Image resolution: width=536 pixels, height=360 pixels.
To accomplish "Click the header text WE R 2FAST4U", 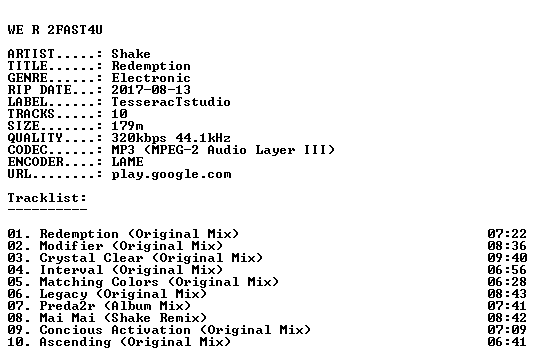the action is [55, 30].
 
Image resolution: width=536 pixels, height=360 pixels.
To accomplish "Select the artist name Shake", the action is [131, 54].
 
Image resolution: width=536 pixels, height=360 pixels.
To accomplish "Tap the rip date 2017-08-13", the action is [151, 90].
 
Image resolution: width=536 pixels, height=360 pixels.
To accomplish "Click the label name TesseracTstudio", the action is [171, 102].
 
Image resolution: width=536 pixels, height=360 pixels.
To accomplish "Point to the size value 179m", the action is [127, 126].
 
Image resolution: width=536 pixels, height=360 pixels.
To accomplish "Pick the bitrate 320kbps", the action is [139, 138].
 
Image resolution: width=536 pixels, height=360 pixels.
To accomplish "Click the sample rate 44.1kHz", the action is [203, 138].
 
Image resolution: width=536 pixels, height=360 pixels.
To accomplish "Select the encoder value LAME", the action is [127, 162].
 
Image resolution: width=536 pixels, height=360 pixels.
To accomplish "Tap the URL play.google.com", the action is [171, 174].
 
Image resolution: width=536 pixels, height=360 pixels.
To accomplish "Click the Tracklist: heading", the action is [47, 198].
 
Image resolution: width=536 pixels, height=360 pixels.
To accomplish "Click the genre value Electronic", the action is [151, 78].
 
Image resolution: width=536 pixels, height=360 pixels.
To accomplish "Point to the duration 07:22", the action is [507, 234].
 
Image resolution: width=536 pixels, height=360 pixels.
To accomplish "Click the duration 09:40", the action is [507, 258].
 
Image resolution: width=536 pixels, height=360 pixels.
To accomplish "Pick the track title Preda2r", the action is [67, 306].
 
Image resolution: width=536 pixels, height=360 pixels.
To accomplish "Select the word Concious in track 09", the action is [71, 330].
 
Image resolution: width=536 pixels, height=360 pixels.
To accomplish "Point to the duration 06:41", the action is [507, 342].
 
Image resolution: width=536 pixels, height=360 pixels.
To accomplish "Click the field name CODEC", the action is [27, 150].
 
